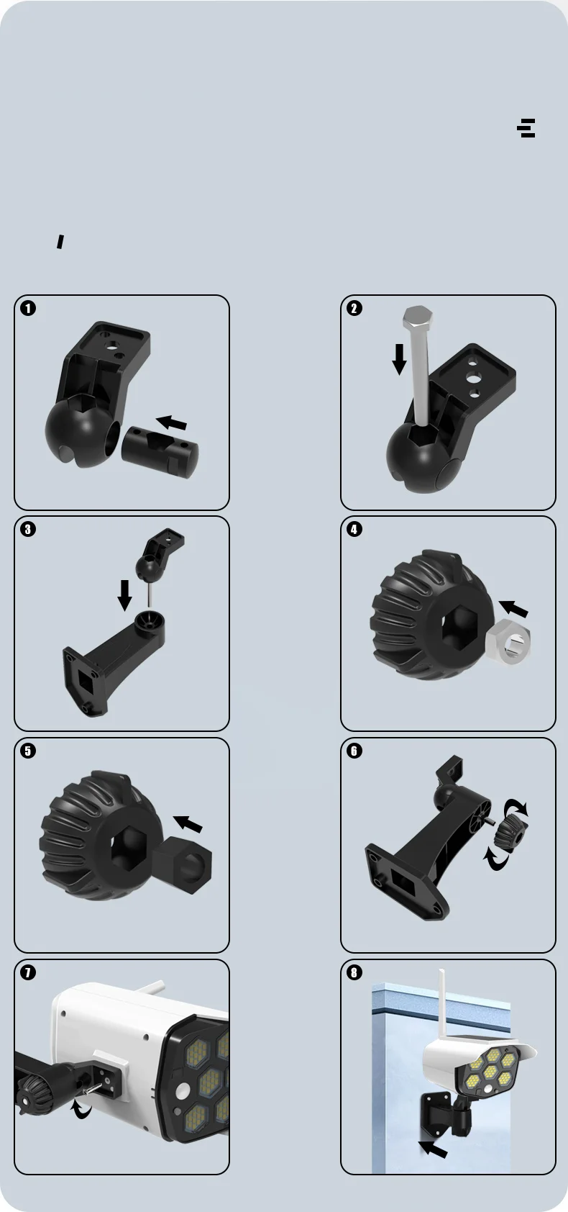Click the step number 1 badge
[27, 309]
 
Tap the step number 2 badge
[354, 309]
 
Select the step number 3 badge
[27, 529]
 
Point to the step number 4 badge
[354, 529]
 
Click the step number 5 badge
[27, 751]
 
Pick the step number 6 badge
[354, 751]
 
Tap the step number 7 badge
[27, 972]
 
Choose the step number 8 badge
[354, 972]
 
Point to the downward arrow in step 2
[399, 358]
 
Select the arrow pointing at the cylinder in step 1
[171, 422]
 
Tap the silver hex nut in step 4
[508, 642]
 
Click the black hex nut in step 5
[182, 858]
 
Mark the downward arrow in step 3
[125, 595]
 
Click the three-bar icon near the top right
[526, 128]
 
